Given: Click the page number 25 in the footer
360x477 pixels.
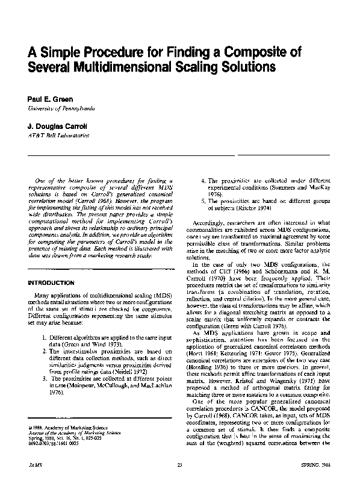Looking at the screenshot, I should click(x=179, y=466).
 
